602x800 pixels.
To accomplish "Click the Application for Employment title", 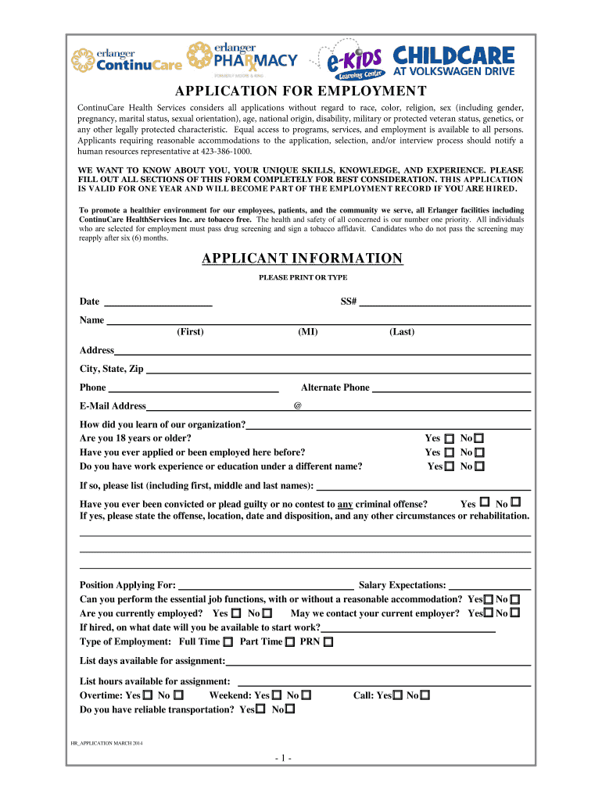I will pyautogui.click(x=301, y=91).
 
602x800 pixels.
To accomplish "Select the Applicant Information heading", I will pyautogui.click(x=302, y=259).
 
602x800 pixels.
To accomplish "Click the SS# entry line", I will pyautogui.click(x=445, y=302).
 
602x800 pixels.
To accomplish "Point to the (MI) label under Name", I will pyautogui.click(x=307, y=332).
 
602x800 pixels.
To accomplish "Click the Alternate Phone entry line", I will pyautogui.click(x=451, y=388).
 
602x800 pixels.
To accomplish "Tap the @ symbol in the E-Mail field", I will pyautogui.click(x=297, y=406).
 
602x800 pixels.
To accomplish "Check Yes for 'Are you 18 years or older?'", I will pyautogui.click(x=450, y=439).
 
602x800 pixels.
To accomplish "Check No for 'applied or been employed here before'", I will pyautogui.click(x=479, y=452).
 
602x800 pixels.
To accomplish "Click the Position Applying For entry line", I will pyautogui.click(x=266, y=585).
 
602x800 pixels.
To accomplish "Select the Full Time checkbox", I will pyautogui.click(x=228, y=642).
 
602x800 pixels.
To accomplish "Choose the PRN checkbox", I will pyautogui.click(x=328, y=642).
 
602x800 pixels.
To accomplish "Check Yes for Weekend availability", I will pyautogui.click(x=278, y=695).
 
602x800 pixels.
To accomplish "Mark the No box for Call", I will pyautogui.click(x=425, y=695).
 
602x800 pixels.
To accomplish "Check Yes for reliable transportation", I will pyautogui.click(x=260, y=710).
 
